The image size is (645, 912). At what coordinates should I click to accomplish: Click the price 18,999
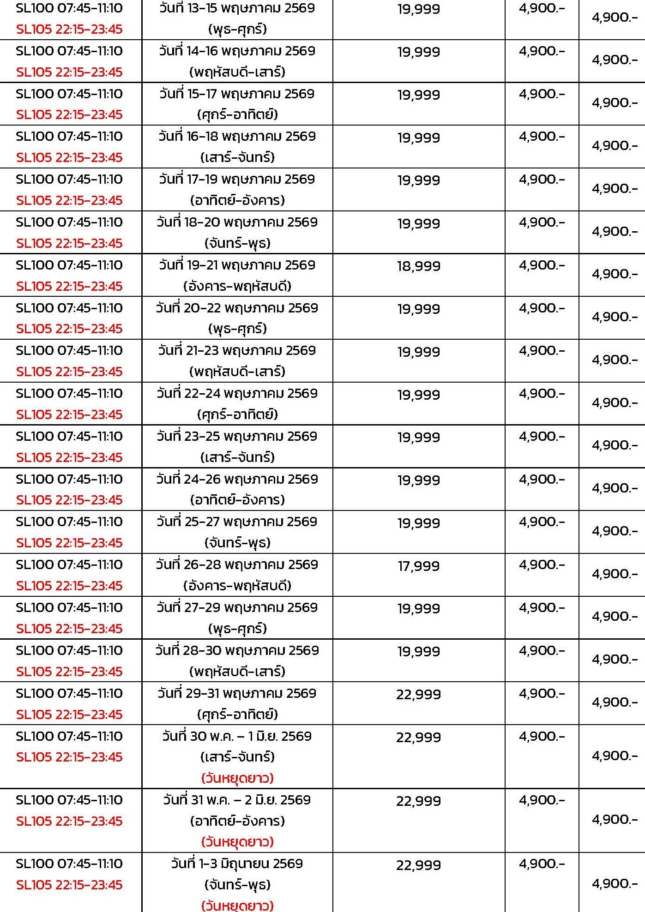pyautogui.click(x=418, y=266)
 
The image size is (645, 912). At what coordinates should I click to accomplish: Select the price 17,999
pyautogui.click(x=418, y=566)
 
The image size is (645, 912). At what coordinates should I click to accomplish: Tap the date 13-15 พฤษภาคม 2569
pyautogui.click(x=237, y=8)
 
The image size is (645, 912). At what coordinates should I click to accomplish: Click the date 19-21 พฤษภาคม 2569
pyautogui.click(x=237, y=265)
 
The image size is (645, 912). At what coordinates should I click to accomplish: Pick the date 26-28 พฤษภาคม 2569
pyautogui.click(x=237, y=564)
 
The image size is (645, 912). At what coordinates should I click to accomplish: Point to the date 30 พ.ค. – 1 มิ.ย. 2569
pyautogui.click(x=237, y=736)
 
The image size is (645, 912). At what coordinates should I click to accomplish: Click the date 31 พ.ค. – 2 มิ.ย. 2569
pyautogui.click(x=237, y=800)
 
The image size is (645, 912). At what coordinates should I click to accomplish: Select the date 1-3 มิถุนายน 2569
pyautogui.click(x=237, y=864)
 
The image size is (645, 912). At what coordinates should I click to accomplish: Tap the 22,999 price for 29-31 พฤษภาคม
pyautogui.click(x=418, y=694)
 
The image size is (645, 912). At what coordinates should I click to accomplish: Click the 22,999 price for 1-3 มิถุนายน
pyautogui.click(x=418, y=865)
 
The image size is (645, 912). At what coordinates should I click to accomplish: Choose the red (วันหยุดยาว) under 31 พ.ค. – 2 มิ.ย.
pyautogui.click(x=237, y=842)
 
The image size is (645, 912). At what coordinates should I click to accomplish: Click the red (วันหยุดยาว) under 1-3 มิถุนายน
pyautogui.click(x=237, y=905)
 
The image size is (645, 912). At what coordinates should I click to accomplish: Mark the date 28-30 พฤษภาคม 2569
pyautogui.click(x=237, y=650)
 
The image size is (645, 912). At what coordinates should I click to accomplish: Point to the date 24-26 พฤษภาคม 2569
pyautogui.click(x=237, y=479)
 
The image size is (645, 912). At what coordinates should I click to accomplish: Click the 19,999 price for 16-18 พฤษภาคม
pyautogui.click(x=418, y=138)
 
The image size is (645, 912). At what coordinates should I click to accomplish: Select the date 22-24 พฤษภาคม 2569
pyautogui.click(x=237, y=393)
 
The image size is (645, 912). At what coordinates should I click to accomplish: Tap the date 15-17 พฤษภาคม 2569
pyautogui.click(x=237, y=94)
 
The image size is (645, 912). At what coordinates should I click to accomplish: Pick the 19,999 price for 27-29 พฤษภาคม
pyautogui.click(x=418, y=608)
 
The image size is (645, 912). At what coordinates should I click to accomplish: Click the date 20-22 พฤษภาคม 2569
pyautogui.click(x=237, y=308)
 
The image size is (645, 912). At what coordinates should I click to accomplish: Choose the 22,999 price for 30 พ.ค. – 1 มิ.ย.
pyautogui.click(x=418, y=737)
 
